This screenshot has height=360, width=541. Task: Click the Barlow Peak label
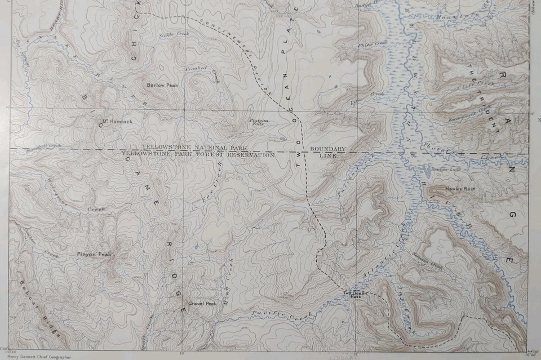(x=162, y=85)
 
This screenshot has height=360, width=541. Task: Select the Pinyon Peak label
(x=94, y=255)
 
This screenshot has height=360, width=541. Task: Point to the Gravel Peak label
(x=202, y=304)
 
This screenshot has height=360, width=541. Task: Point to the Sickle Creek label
(x=174, y=35)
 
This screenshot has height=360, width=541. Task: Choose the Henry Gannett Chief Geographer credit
(x=36, y=356)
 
